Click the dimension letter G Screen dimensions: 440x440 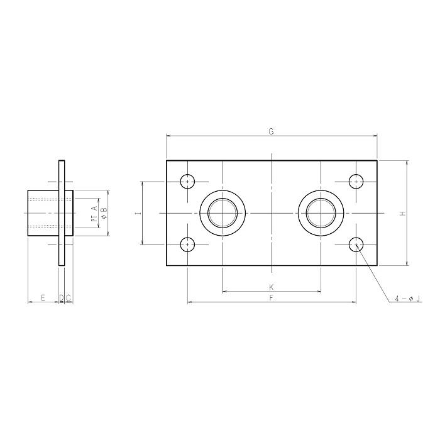271,131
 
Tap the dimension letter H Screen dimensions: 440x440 403,214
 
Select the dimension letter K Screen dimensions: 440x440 272,287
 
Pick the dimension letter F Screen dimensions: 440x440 272,298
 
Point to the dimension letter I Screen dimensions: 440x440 138,214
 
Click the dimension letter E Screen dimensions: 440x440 43,298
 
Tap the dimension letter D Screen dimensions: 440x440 61,298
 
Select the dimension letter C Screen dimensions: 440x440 68,298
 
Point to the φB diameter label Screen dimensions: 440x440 104,213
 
